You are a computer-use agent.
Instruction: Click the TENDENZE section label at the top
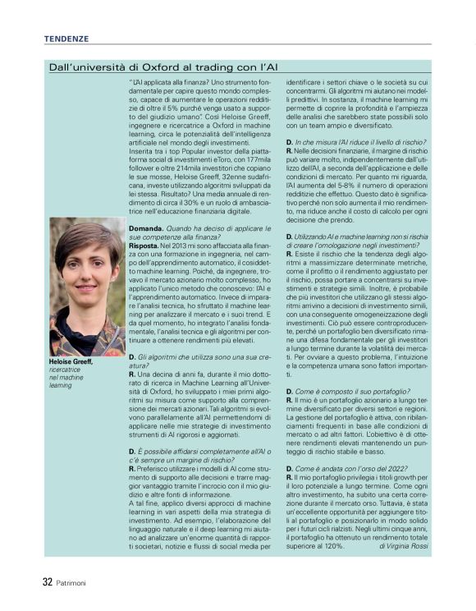pyautogui.click(x=66, y=39)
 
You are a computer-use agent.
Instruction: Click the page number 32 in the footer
pyautogui.click(x=48, y=582)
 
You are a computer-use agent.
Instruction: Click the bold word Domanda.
pyautogui.click(x=146, y=225)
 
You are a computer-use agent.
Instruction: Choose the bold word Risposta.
pyautogui.click(x=144, y=245)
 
